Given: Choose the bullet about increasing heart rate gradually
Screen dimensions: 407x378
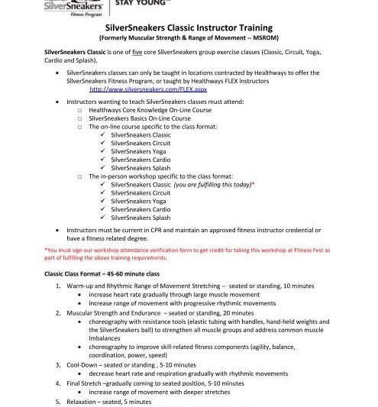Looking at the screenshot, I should coord(176,294).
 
